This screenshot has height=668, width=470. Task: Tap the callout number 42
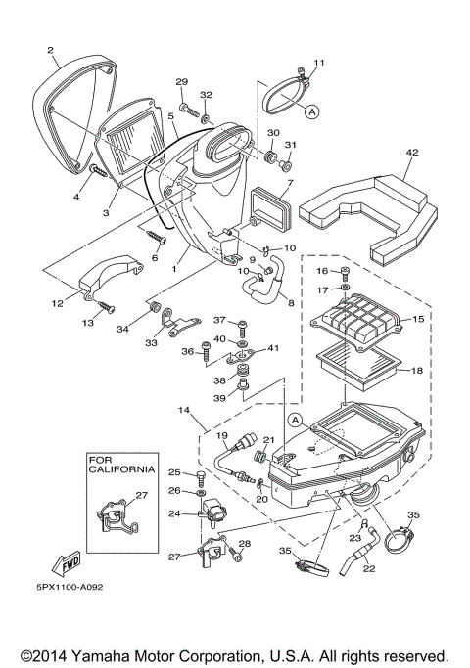coord(412,152)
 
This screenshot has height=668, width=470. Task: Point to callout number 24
coord(173,512)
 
